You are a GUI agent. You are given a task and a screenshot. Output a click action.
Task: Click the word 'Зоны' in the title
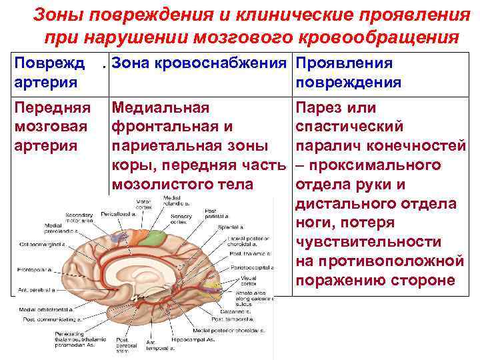point(55,15)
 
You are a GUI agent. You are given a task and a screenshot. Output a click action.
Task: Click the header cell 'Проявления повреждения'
point(348,73)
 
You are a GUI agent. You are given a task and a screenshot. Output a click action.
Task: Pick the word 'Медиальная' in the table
point(160,108)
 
